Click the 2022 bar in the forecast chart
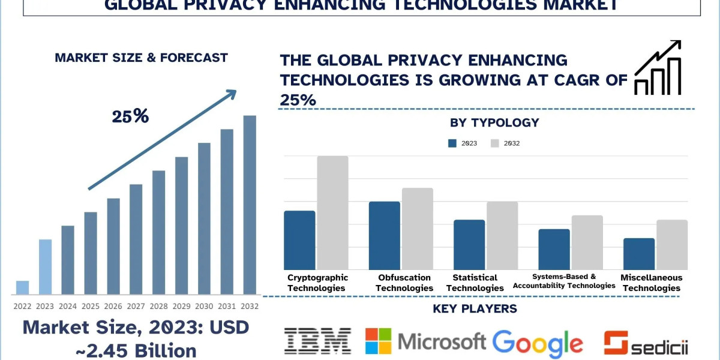(22, 287)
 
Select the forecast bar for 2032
(250, 205)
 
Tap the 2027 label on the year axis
(136, 305)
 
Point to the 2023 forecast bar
(45, 267)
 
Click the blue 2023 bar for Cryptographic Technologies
(299, 240)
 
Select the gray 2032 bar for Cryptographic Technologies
(332, 212)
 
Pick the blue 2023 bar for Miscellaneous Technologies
(639, 254)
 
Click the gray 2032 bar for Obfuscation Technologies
(418, 229)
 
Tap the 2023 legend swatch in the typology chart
(453, 143)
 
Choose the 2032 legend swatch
(495, 143)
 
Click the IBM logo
(317, 340)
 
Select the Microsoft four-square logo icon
(378, 341)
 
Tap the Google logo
(538, 342)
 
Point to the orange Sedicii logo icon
(615, 342)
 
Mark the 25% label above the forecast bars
(130, 116)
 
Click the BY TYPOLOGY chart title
(494, 123)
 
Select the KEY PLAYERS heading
(475, 309)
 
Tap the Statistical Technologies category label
(475, 283)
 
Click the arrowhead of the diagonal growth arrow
(232, 94)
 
